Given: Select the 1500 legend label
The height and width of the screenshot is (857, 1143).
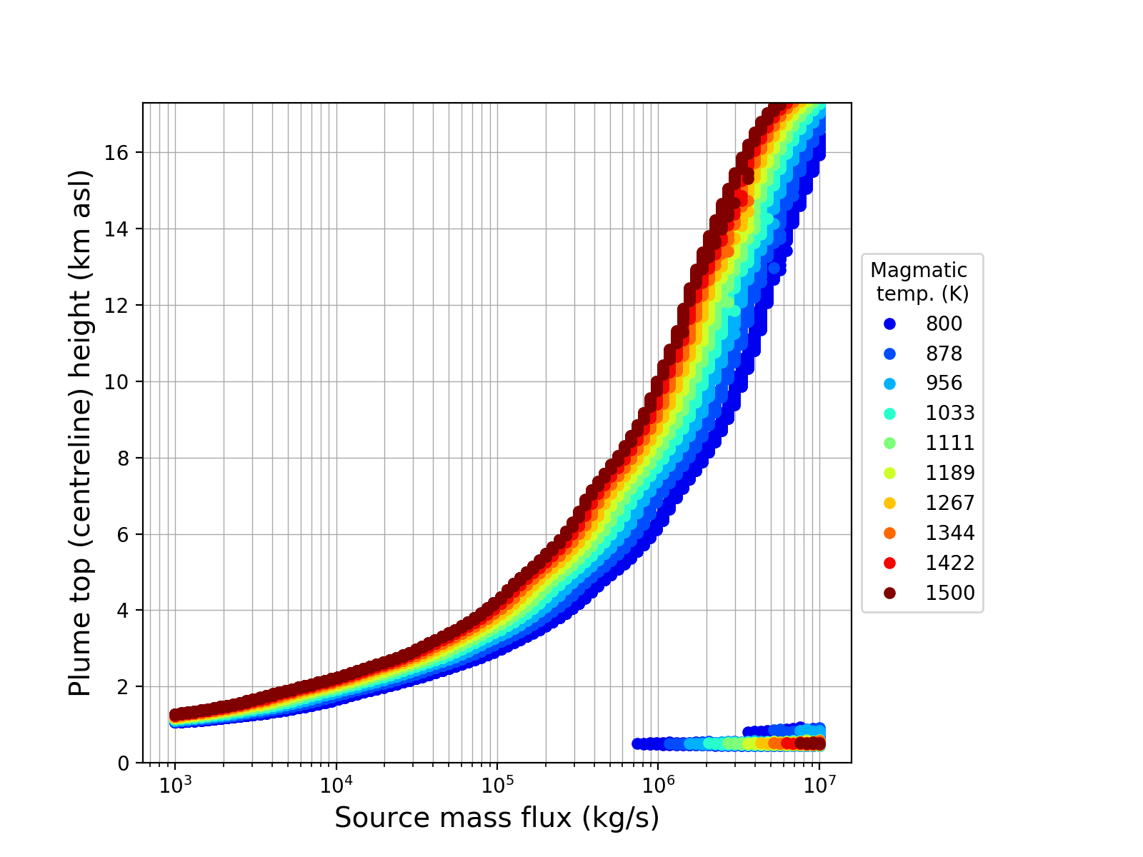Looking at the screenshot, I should tap(950, 593).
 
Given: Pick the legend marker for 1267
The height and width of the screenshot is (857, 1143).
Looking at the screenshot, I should tap(889, 503).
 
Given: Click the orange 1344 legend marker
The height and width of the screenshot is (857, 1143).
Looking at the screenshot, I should tap(889, 533).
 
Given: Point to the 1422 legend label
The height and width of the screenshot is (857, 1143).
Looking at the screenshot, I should tap(950, 563).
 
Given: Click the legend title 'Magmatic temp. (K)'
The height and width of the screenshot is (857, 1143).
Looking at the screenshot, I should tap(919, 281).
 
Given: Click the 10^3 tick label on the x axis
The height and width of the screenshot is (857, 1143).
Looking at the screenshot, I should tap(174, 785).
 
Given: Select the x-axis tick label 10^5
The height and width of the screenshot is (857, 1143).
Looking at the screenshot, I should tap(497, 785).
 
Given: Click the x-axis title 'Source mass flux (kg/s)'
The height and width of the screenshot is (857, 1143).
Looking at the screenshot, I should tap(496, 818).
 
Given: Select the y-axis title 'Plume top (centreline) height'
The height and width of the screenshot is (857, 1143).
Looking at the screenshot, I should tap(81, 433).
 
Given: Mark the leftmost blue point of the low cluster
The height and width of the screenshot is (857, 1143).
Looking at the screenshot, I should tap(637, 743).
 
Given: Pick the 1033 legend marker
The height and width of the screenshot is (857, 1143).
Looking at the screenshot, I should tap(889, 414).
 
